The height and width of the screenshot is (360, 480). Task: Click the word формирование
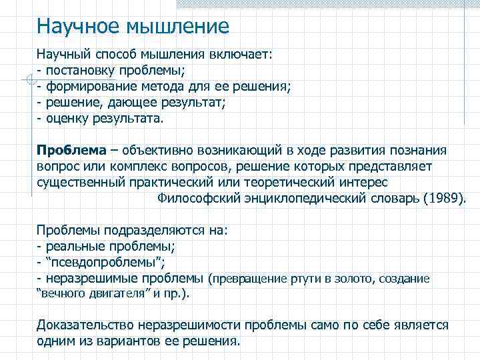(91, 87)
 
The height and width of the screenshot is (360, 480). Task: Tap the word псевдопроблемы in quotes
(104, 263)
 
